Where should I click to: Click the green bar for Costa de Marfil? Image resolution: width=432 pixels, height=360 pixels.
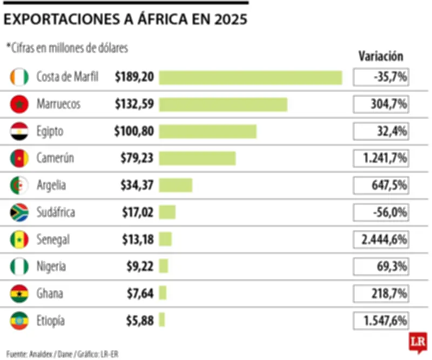(x=250, y=77)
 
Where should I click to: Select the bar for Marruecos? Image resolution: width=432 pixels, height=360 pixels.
(x=222, y=104)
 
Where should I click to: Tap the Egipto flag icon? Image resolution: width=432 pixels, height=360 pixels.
(x=19, y=131)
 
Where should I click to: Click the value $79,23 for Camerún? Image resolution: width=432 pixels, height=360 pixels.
(x=137, y=158)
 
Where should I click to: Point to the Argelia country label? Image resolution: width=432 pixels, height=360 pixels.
(x=51, y=185)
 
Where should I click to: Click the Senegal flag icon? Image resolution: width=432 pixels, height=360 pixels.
(x=19, y=239)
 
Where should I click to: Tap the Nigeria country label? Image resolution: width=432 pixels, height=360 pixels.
(x=52, y=266)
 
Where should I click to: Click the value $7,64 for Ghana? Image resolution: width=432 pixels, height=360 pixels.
(x=140, y=294)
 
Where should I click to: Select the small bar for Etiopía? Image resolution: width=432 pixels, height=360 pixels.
(x=161, y=321)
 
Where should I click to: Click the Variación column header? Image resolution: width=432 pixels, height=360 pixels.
(x=380, y=56)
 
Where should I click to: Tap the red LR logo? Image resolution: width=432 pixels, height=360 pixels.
(x=416, y=343)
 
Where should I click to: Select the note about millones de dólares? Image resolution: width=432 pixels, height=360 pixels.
(x=67, y=48)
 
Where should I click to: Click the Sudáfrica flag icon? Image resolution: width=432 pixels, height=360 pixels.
(x=19, y=212)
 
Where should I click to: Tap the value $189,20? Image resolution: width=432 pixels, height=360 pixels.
(x=134, y=77)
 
